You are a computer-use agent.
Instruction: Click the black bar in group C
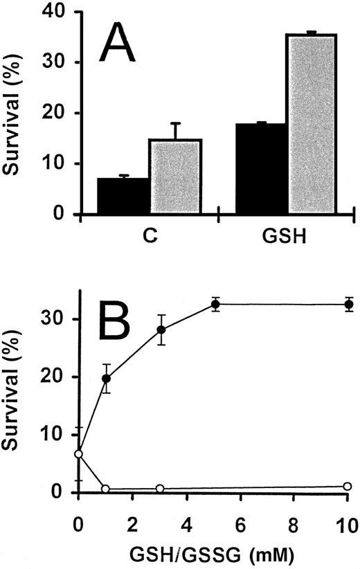coord(123,197)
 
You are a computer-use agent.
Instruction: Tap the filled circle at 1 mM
coord(106,379)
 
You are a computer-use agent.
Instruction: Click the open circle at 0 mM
coord(79,454)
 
